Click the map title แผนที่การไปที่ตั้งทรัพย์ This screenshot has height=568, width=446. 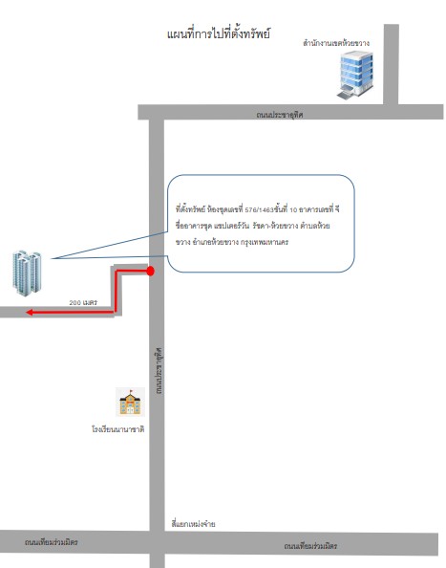pos(219,34)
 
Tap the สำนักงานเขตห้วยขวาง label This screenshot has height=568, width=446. pos(336,43)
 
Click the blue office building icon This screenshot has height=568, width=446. pos(355,75)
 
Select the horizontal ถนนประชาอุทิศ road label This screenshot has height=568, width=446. pos(279,115)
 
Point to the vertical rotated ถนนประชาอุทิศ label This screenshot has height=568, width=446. pos(159,371)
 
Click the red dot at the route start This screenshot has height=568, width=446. pos(151,271)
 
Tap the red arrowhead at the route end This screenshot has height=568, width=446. pos(30,312)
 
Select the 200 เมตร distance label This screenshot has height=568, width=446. pos(83,302)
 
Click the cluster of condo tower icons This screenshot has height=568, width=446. pos(27,273)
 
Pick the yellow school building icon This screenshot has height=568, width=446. pos(130,402)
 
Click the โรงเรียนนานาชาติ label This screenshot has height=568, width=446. pos(117,429)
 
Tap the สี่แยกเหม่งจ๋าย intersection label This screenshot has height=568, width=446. pos(193,524)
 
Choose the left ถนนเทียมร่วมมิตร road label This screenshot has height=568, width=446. pos(51,542)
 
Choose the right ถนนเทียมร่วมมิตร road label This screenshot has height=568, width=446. pos(310,546)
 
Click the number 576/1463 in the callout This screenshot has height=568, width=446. pos(259,209)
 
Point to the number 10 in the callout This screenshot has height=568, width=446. pos(293,209)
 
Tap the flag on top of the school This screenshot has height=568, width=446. pos(131,391)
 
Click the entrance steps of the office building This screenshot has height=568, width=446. pos(344,95)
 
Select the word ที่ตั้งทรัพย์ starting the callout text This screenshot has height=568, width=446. pos(190,209)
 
